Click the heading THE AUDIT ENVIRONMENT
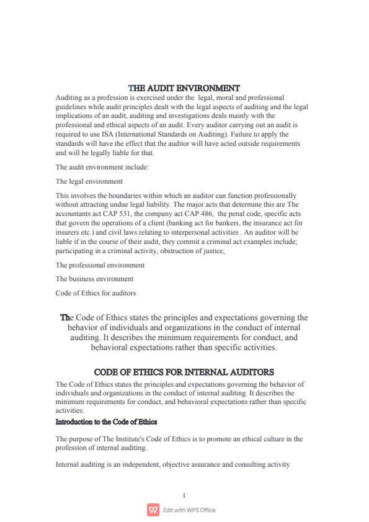tap(184, 88)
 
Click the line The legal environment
tap(89, 181)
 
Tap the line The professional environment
tap(100, 265)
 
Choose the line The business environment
tap(94, 279)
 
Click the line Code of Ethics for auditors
tap(96, 292)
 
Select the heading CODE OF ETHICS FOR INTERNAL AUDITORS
tap(184, 372)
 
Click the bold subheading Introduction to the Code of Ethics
tap(106, 422)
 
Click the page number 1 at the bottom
tap(184, 495)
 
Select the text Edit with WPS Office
tap(189, 510)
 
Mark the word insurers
tap(67, 232)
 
